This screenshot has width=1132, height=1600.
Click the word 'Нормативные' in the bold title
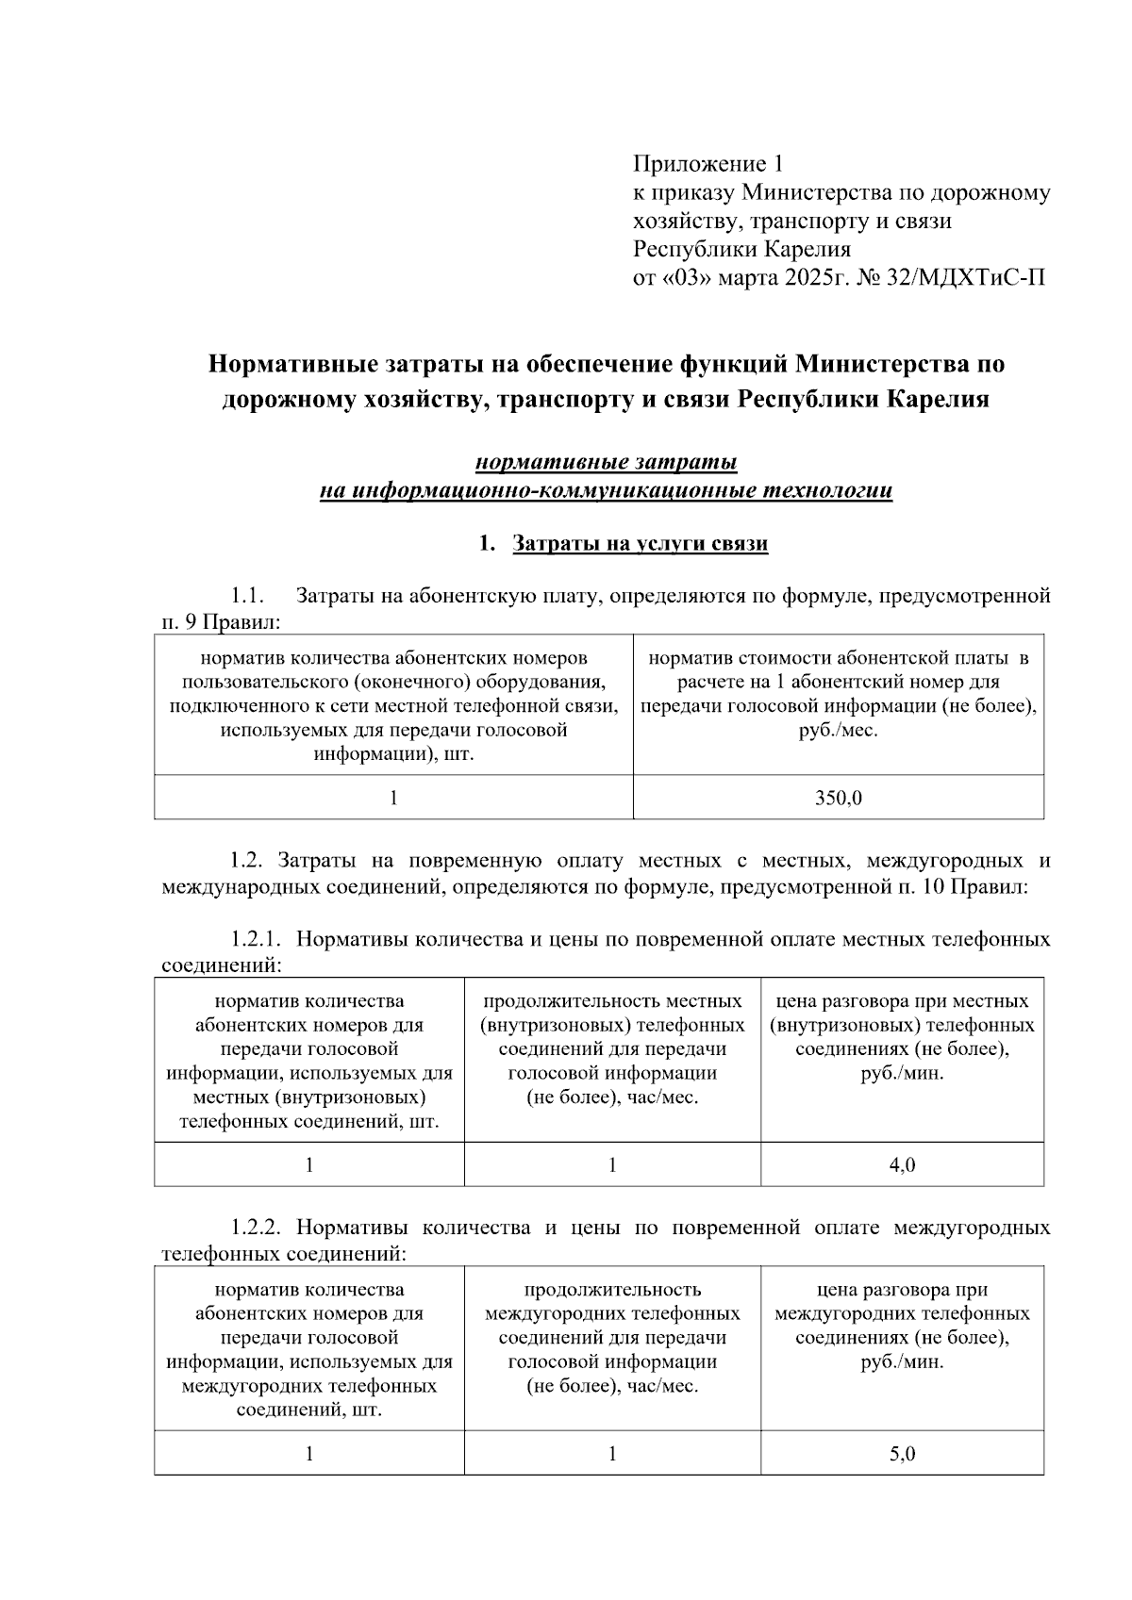pyautogui.click(x=294, y=364)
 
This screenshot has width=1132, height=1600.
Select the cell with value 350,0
pyautogui.click(x=838, y=799)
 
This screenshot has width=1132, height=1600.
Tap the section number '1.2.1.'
pyautogui.click(x=257, y=940)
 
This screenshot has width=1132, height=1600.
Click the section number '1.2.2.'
pyautogui.click(x=257, y=1228)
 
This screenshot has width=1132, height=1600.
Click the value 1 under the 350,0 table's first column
pyautogui.click(x=393, y=799)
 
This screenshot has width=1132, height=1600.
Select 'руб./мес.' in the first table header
pyautogui.click(x=838, y=730)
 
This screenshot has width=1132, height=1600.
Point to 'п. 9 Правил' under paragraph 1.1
pyautogui.click(x=221, y=622)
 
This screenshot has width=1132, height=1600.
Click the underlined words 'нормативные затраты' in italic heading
pyautogui.click(x=606, y=463)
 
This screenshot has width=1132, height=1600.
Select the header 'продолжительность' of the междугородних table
pyautogui.click(x=611, y=1290)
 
